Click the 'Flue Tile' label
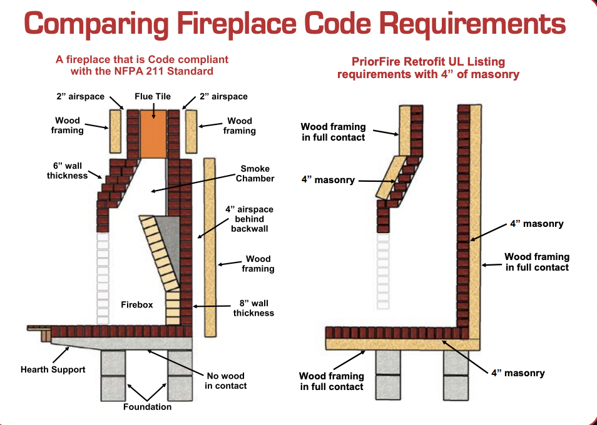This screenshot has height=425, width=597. [153, 96]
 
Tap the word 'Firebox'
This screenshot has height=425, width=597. [137, 305]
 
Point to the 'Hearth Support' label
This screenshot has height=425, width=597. [53, 369]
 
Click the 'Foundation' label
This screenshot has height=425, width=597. [147, 407]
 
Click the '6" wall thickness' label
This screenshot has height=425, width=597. [67, 171]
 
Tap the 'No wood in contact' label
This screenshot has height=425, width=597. [225, 381]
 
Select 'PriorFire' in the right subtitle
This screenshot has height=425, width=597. [375, 62]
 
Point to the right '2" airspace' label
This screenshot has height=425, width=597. [223, 96]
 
